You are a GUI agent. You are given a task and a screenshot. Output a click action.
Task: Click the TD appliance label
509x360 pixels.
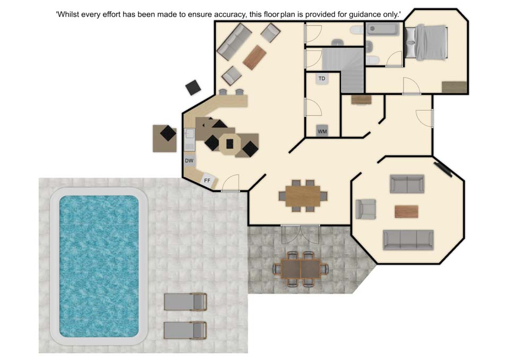pyautogui.click(x=322, y=78)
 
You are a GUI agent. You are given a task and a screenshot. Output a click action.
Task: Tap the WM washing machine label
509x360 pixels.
pyautogui.click(x=322, y=131)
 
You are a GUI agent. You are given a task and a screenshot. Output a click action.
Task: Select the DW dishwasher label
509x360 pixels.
pyautogui.click(x=189, y=161)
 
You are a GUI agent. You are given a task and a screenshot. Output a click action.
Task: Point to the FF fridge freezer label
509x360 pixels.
pyautogui.click(x=207, y=180)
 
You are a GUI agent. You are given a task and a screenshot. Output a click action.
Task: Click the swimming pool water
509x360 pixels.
pyautogui.click(x=99, y=266)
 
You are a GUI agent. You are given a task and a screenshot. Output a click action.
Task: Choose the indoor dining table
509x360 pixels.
pyautogui.click(x=303, y=196)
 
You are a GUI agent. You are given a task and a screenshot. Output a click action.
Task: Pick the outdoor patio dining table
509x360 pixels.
pyautogui.click(x=301, y=269)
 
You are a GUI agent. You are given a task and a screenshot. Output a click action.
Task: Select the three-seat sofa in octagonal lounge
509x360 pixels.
pyautogui.click(x=408, y=240)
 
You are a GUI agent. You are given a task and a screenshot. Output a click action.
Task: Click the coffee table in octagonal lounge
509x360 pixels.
pyautogui.click(x=407, y=212)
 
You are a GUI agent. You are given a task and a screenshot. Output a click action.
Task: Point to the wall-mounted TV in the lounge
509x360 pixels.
pyautogui.click(x=443, y=170)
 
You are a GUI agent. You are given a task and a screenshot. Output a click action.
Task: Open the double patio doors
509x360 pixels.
pyautogui.click(x=300, y=234)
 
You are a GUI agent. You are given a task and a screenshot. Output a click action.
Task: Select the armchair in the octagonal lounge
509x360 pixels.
pyautogui.click(x=366, y=209)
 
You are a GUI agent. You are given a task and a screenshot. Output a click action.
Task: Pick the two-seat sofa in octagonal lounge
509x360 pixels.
pyautogui.click(x=407, y=184)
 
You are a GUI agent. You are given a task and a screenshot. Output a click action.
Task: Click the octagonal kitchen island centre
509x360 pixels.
pyautogui.click(x=230, y=144)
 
